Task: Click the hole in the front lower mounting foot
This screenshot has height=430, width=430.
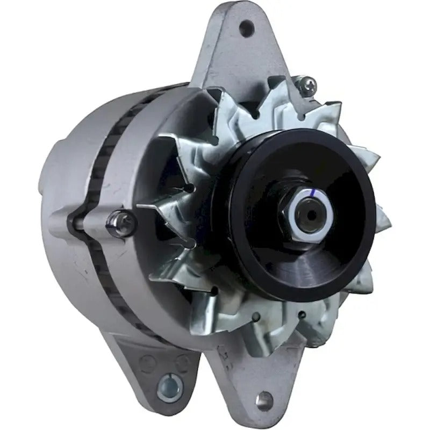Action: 263,399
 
